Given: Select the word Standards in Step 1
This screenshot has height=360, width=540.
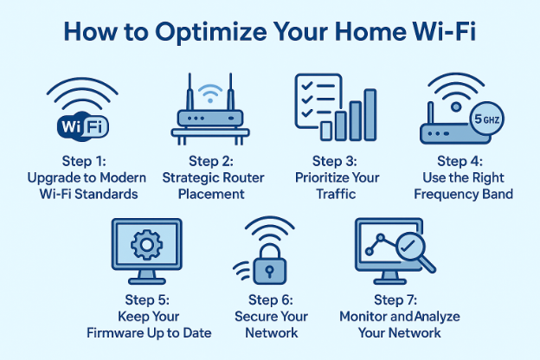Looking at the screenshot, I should click(x=107, y=194).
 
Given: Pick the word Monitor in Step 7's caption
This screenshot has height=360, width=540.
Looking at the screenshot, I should click(x=366, y=317).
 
